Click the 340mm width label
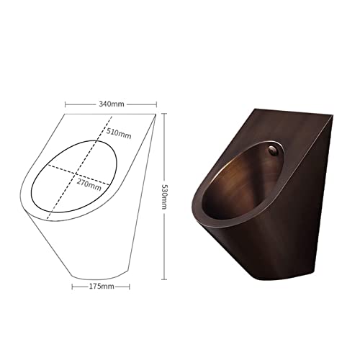(x=111, y=104)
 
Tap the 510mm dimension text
(x=120, y=135)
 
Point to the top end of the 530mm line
(x=165, y=113)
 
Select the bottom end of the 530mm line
(x=165, y=277)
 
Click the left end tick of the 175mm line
(x=72, y=286)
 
